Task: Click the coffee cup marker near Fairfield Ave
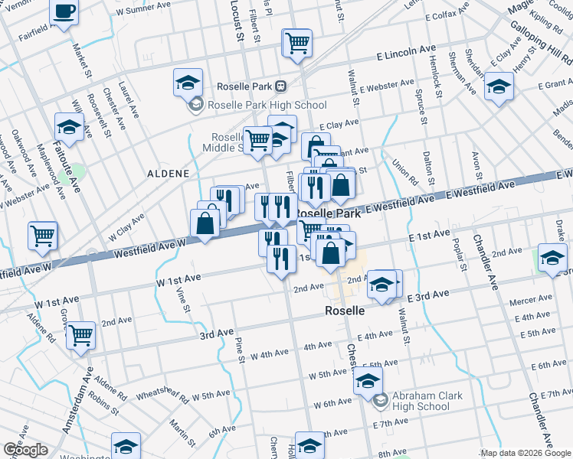coord(64,12)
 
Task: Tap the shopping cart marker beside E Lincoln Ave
coord(298,44)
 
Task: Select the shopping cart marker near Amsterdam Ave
coord(80,334)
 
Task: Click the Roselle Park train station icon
coord(281,86)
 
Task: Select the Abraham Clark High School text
coord(421,401)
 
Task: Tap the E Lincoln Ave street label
coord(406,51)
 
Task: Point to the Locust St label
coord(237,21)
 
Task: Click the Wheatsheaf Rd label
coord(162,396)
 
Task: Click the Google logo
coord(25,450)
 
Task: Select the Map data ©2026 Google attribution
coord(525,453)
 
